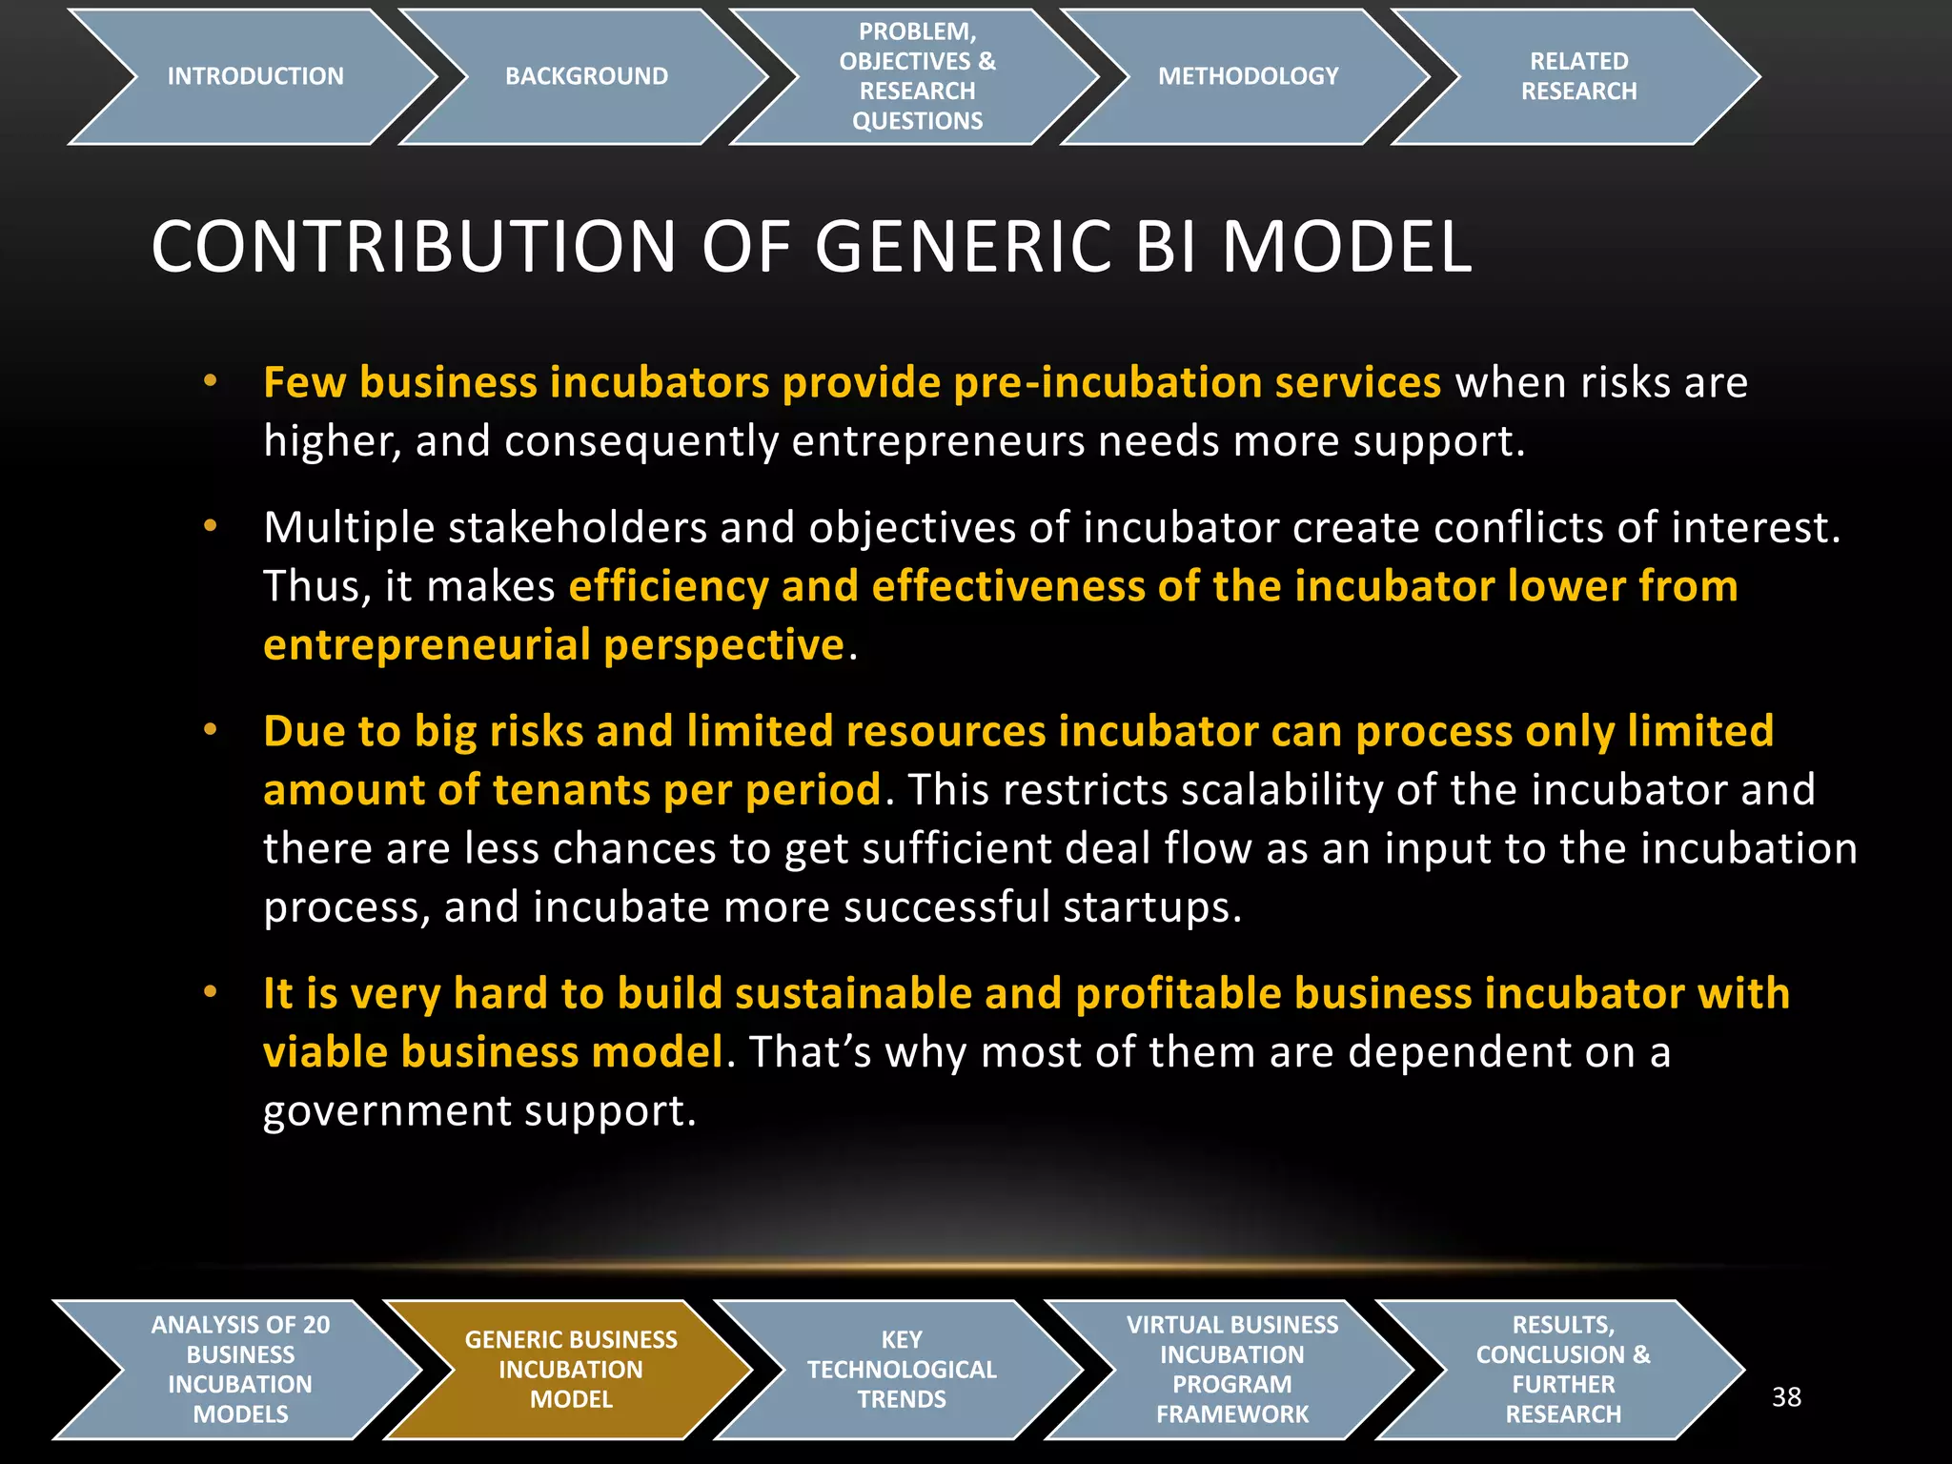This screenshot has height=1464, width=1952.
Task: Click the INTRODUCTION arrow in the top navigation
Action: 254,76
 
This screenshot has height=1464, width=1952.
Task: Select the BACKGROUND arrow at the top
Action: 585,76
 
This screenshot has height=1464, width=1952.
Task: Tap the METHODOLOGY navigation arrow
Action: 1248,76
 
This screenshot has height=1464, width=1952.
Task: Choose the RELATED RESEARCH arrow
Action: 1578,76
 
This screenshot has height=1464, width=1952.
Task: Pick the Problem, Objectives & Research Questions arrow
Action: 917,76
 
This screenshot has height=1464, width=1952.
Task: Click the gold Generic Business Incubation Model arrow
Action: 570,1370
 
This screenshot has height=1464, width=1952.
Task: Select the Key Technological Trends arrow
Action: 901,1370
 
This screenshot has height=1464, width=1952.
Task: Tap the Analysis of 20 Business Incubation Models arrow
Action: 240,1370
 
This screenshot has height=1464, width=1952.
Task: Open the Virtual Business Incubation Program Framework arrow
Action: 1231,1370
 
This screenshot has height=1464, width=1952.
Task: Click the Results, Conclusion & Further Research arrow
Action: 1562,1370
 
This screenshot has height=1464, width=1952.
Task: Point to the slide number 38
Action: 1786,1397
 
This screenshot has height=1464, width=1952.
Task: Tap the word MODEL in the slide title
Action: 1347,247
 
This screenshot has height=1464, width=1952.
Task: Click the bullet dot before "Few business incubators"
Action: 211,382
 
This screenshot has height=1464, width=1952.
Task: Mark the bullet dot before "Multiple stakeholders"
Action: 211,526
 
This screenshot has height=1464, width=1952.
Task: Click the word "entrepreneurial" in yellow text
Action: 427,645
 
